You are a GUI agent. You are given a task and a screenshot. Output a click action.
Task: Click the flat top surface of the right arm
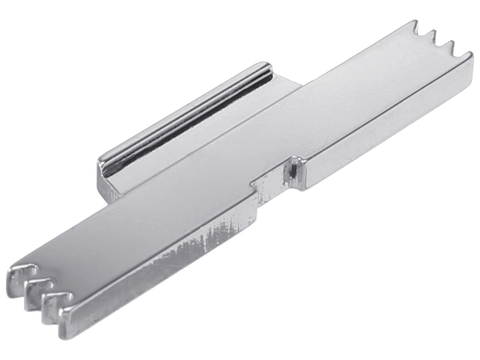(x=359, y=98)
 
